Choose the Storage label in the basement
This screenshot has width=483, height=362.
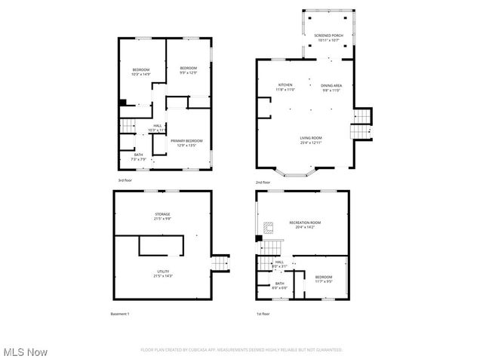coord(163,217)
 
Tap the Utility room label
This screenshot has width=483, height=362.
coord(163,274)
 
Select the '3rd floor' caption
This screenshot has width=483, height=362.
coord(125,181)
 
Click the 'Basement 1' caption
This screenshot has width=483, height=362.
coord(119,314)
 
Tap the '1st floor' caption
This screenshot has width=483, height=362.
coord(263,314)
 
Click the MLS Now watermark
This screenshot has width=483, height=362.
coord(25,352)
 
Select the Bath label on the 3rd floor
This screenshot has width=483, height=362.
coord(138,157)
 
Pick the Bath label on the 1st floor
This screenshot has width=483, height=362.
coord(279,286)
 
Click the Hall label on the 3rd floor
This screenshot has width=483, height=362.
coord(157,127)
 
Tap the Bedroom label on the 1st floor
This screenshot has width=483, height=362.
coord(323,279)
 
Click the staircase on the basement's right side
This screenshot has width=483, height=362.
coord(219,263)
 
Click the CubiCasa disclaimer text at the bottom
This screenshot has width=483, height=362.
coord(241,350)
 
